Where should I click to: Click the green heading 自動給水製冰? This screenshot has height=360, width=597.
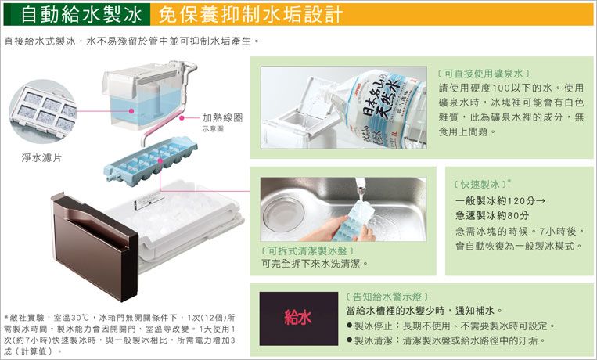pyautogui.click(x=81, y=15)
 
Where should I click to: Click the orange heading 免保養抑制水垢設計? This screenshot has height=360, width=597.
pyautogui.click(x=250, y=15)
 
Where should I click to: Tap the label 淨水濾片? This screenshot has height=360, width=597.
pyautogui.click(x=41, y=158)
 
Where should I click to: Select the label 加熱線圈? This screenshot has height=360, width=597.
pyautogui.click(x=222, y=117)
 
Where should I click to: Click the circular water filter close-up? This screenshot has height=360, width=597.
pyautogui.click(x=42, y=111)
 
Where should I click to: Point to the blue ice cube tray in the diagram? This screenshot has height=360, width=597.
pyautogui.click(x=151, y=160)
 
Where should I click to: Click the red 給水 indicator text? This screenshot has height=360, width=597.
pyautogui.click(x=298, y=317)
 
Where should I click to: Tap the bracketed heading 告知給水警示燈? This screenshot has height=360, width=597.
pyautogui.click(x=387, y=297)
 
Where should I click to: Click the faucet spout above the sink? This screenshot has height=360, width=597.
pyautogui.click(x=360, y=185)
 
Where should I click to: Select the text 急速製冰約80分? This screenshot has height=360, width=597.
pyautogui.click(x=492, y=216)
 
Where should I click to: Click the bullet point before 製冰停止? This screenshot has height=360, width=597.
pyautogui.click(x=349, y=326)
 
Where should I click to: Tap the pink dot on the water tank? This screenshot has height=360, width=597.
pyautogui.click(x=131, y=111)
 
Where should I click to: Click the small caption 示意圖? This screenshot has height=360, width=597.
pyautogui.click(x=213, y=129)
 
